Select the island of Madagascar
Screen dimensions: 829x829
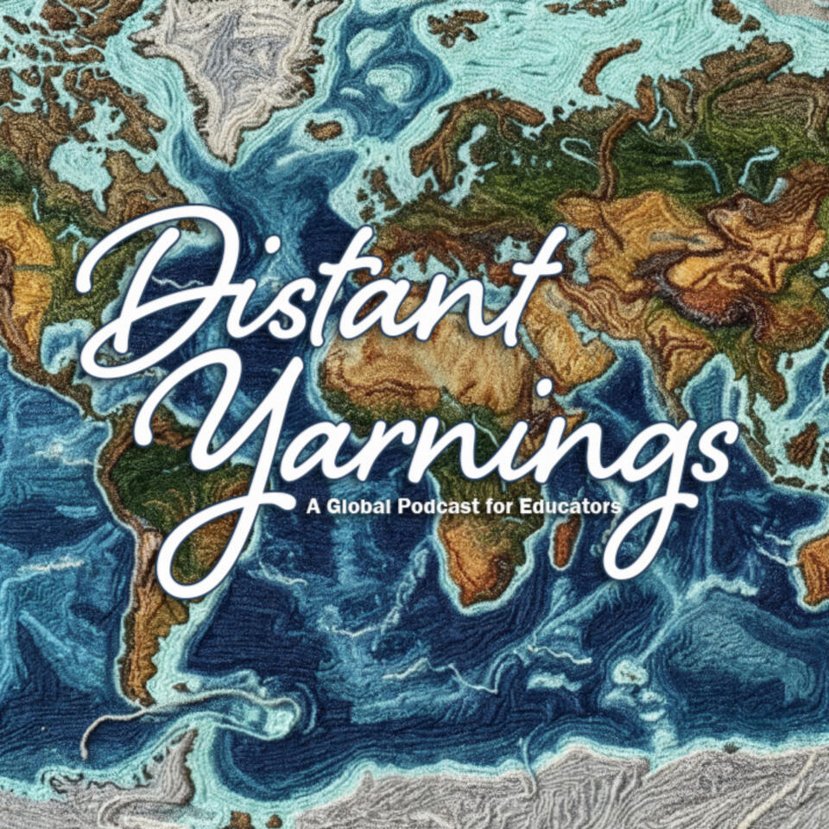566,540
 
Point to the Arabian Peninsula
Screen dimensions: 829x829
553,345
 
